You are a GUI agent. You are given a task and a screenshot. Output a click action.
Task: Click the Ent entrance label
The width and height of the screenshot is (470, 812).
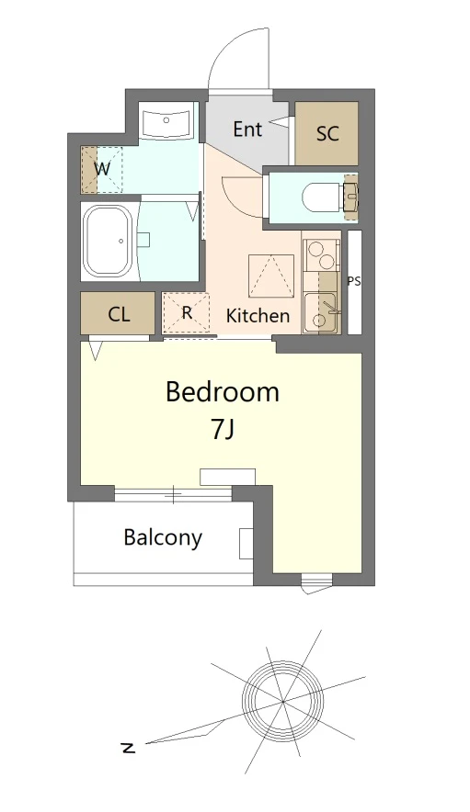click(246, 129)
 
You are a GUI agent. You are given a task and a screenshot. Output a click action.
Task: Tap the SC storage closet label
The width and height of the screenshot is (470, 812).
click(327, 133)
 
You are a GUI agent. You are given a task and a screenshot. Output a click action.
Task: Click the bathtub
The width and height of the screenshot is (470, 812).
click(109, 242)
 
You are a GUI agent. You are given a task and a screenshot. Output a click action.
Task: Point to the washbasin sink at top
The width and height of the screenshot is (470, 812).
click(166, 120)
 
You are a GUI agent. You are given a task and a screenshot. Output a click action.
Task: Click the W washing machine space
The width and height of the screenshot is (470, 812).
click(102, 169)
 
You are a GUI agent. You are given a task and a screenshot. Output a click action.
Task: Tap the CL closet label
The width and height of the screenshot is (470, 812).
click(119, 314)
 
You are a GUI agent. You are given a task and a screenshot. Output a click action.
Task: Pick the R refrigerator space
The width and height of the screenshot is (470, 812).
click(186, 313)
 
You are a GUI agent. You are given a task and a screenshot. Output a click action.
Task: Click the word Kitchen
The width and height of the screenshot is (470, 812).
click(258, 315)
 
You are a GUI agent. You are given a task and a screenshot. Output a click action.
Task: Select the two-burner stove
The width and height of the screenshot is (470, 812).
click(321, 255)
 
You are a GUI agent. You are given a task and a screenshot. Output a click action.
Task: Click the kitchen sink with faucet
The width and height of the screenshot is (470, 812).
click(321, 312)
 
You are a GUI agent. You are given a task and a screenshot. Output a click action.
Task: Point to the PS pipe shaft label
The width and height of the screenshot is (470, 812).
click(354, 282)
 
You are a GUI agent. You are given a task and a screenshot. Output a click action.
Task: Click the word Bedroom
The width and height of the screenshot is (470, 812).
click(223, 392)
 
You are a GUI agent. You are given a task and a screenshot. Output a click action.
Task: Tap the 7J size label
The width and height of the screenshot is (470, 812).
click(223, 429)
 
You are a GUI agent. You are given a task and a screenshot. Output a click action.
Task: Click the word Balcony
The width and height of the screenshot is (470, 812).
click(163, 537)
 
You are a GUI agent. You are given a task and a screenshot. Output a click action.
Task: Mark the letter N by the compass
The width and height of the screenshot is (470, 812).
click(128, 748)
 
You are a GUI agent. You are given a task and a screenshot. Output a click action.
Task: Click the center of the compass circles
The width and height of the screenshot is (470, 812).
click(283, 702)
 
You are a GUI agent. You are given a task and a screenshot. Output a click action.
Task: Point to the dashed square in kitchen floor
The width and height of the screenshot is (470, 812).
click(270, 276)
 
